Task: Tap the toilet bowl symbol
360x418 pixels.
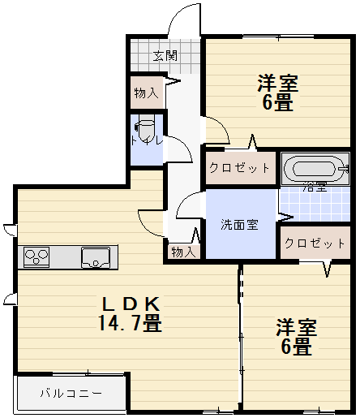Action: (147, 130)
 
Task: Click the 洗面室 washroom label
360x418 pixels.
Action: (240, 224)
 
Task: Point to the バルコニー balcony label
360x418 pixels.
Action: (71, 394)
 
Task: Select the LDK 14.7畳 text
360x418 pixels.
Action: (131, 313)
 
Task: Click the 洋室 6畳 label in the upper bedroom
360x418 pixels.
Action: (277, 93)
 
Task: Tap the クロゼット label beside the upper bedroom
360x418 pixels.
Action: (239, 168)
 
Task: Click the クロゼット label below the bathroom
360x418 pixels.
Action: (315, 243)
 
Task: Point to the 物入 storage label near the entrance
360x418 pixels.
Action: (147, 93)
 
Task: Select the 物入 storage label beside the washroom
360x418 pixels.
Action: (183, 252)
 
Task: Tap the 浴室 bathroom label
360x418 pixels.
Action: (315, 187)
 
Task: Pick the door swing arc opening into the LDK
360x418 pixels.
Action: (152, 217)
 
